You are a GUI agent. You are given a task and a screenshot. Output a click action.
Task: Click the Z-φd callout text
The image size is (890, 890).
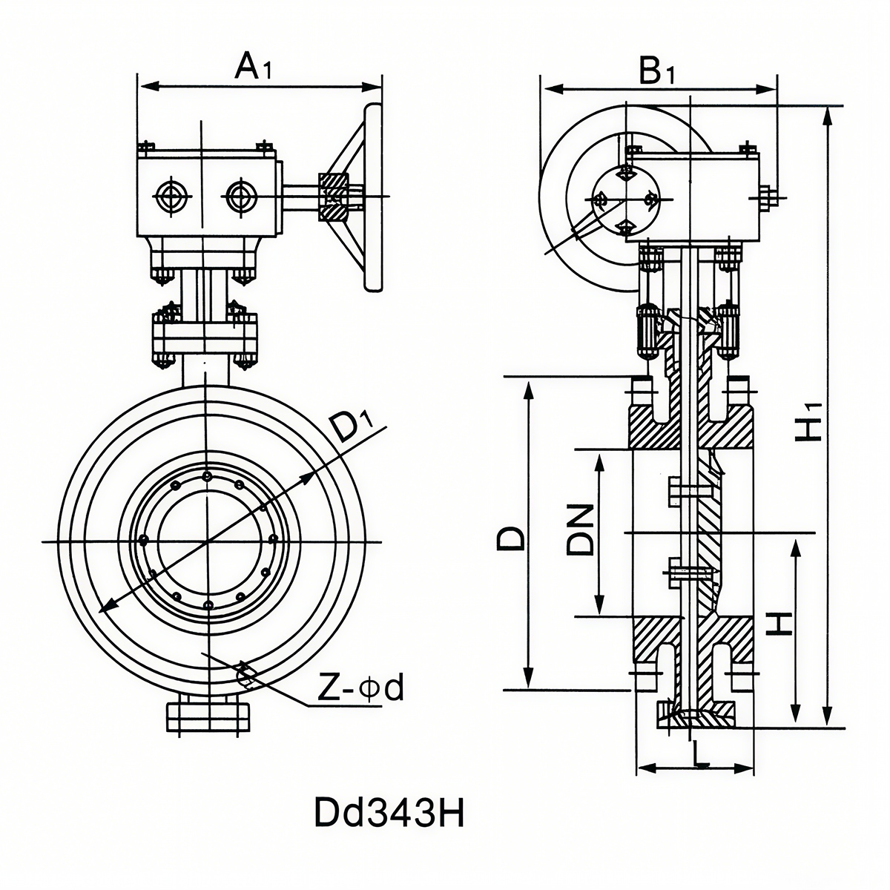(x=360, y=689)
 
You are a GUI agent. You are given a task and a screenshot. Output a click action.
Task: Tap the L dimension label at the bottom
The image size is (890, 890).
(x=698, y=756)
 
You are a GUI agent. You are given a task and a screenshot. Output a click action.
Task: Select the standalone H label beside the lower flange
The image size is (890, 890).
(x=779, y=624)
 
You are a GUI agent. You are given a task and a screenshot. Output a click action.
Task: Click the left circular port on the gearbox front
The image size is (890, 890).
(x=172, y=197)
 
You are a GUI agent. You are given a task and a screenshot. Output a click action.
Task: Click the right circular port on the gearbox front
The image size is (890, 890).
(x=239, y=197)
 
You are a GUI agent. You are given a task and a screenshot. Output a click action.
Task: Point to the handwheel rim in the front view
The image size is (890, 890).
(x=372, y=197)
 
